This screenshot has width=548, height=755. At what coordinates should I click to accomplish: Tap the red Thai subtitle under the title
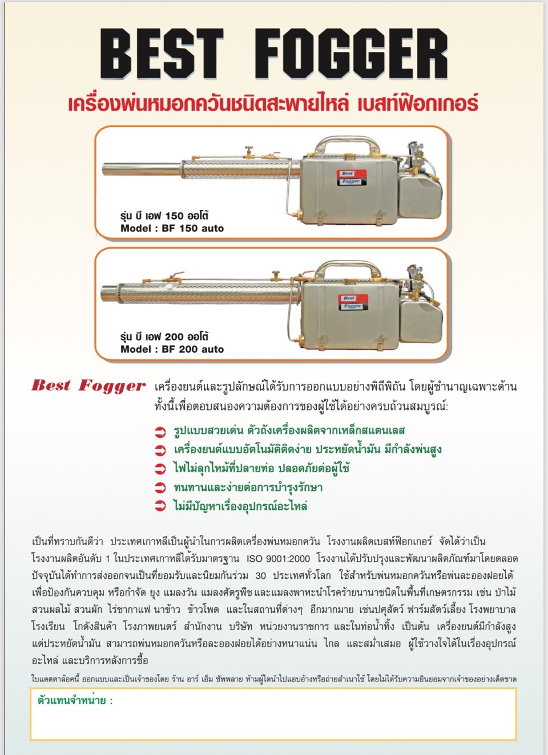coord(273,104)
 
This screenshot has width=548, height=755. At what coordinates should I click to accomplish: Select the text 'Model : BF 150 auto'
coord(172,229)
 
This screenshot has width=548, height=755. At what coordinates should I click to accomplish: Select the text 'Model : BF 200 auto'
coord(172,349)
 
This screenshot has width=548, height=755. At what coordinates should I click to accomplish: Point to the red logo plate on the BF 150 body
coord(348,177)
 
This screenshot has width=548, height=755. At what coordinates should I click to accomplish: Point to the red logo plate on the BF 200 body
coord(349,302)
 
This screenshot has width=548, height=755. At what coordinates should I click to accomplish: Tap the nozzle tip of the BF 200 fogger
coord(104,295)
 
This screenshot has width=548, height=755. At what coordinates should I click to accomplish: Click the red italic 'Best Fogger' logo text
coord(88,386)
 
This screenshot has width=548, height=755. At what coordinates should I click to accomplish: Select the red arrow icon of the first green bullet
coord(160,432)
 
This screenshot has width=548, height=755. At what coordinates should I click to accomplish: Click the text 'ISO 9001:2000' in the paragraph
coord(279,558)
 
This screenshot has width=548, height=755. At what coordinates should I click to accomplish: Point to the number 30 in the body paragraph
coord(260,575)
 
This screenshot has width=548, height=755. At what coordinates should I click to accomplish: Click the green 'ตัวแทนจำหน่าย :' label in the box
coord(75,701)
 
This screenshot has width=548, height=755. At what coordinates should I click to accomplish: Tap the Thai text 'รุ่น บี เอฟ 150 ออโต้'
coord(164,216)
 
